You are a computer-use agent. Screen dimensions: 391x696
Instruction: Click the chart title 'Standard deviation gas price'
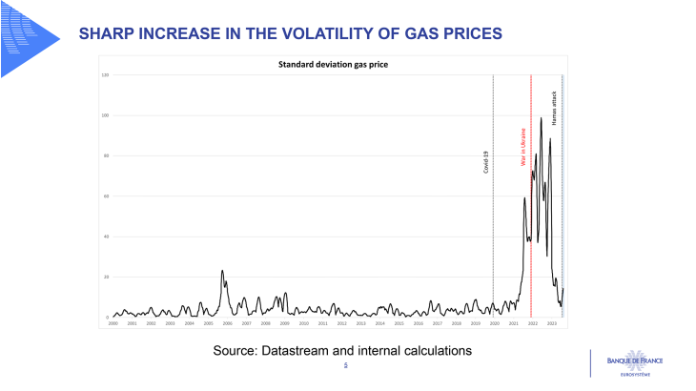tap(332, 65)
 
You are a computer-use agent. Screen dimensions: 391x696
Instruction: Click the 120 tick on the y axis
tap(105, 74)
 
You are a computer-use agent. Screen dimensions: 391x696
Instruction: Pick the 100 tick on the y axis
tap(105, 115)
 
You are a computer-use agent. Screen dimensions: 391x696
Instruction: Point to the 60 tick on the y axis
tap(106, 196)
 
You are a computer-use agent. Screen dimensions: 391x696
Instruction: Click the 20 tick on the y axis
tap(106, 278)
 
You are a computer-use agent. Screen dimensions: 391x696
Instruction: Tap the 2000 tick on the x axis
tap(113, 324)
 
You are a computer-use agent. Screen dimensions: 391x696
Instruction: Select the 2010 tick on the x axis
tap(303, 324)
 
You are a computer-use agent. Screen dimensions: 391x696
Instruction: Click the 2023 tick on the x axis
tap(551, 324)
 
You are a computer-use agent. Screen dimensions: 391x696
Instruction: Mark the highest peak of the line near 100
tap(542, 118)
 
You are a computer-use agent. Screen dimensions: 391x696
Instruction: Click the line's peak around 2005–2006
tap(222, 271)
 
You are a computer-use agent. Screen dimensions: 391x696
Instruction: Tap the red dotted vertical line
tap(531, 238)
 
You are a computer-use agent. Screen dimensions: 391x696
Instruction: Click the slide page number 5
tap(345, 365)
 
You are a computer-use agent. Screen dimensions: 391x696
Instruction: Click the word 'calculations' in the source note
tap(434, 351)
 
